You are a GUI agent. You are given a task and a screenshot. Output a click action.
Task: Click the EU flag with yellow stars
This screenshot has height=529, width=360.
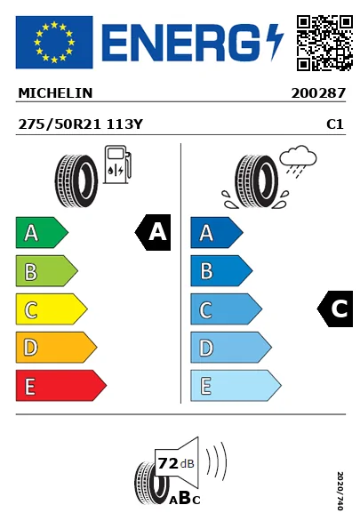(53, 42)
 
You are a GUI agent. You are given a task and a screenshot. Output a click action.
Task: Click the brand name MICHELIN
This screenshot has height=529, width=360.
(55, 92)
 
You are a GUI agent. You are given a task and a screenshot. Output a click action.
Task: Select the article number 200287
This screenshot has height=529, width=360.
(317, 92)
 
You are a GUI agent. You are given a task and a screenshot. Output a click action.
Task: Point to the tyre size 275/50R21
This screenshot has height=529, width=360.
(60, 125)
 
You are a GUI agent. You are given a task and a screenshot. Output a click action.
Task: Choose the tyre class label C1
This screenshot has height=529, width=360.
(335, 125)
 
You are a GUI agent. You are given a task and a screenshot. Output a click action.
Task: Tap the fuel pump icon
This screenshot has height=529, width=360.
(116, 168)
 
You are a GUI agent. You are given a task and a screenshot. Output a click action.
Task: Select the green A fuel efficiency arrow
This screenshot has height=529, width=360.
(40, 233)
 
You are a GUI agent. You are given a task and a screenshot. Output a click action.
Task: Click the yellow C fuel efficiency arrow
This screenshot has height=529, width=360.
(50, 309)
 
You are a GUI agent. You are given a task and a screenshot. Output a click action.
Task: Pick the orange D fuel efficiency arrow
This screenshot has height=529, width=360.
(54, 348)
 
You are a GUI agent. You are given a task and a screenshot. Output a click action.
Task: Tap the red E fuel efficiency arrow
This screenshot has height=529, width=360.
(59, 386)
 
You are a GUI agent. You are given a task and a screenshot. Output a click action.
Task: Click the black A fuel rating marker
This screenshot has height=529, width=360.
(154, 233)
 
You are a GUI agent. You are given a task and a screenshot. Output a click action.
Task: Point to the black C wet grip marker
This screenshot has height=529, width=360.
(336, 309)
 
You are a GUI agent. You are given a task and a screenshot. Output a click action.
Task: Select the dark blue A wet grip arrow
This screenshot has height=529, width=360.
(215, 233)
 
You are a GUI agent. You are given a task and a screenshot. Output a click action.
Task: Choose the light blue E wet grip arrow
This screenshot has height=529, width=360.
(234, 386)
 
